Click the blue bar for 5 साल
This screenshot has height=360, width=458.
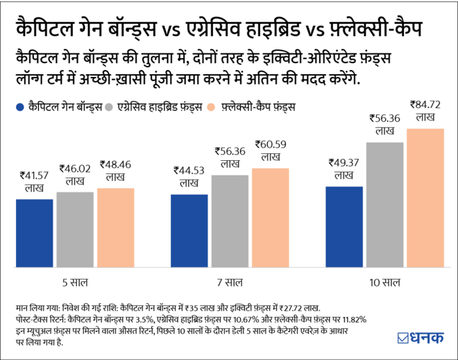(x=34, y=233)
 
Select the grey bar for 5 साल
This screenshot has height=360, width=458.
(x=74, y=230)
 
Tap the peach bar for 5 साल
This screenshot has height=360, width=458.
(x=115, y=228)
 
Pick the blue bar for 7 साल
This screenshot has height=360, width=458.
(x=189, y=231)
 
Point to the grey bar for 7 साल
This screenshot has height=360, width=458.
(x=230, y=221)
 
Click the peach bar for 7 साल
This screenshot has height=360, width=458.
(x=270, y=218)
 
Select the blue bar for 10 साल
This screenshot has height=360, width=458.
(x=344, y=227)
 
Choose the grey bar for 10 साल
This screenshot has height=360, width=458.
(x=384, y=205)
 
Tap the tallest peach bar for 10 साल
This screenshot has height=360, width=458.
(x=425, y=198)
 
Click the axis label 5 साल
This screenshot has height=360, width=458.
(x=74, y=282)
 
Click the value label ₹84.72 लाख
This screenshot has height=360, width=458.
(x=425, y=112)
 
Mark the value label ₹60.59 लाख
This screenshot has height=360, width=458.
(x=270, y=152)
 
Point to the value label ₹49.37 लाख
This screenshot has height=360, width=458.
(x=344, y=169)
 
